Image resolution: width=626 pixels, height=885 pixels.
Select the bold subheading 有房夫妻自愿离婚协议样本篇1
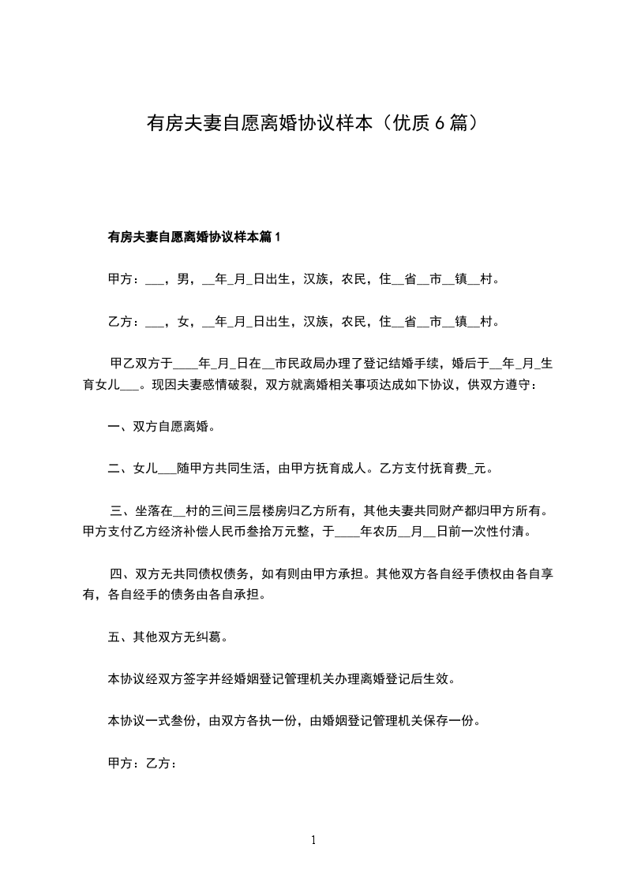click(x=193, y=237)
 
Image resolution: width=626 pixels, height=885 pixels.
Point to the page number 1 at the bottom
click(x=313, y=840)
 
